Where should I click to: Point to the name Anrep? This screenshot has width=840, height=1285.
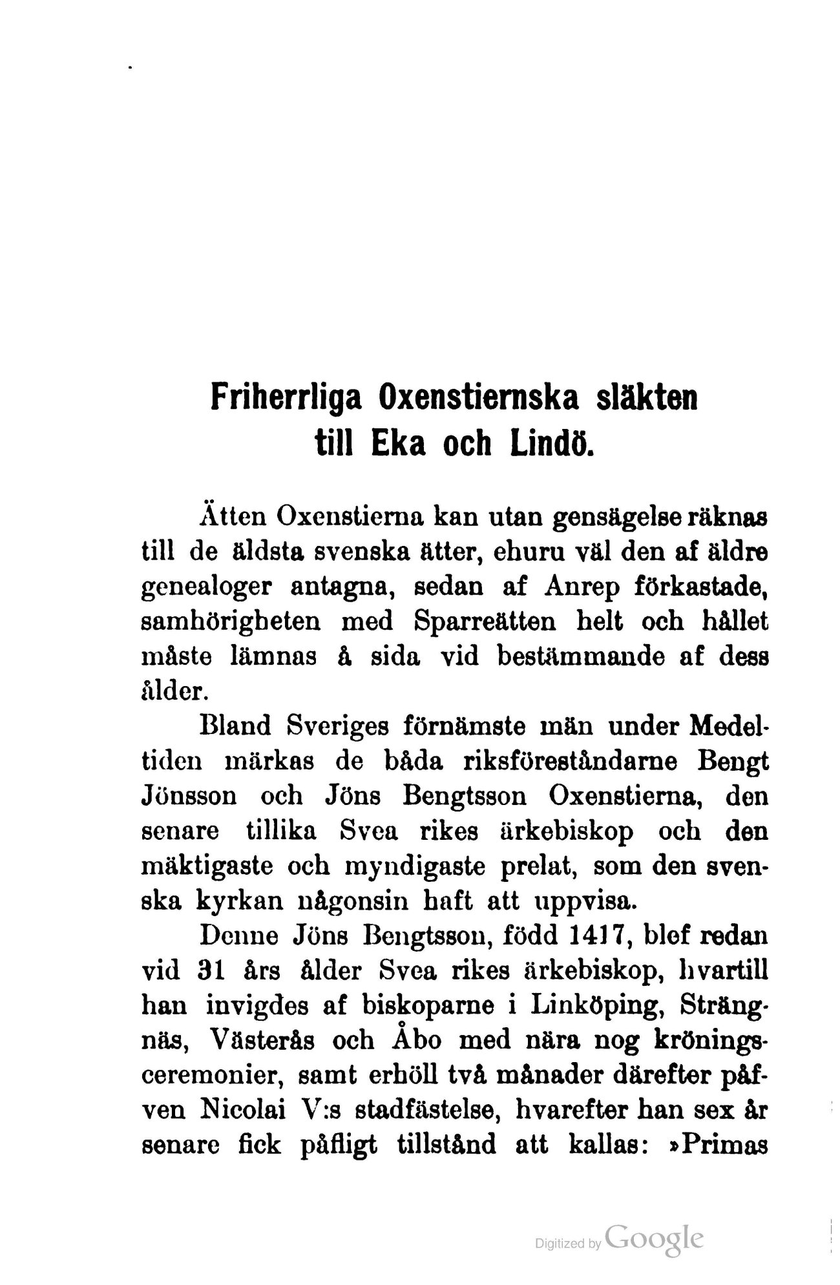(x=577, y=588)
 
